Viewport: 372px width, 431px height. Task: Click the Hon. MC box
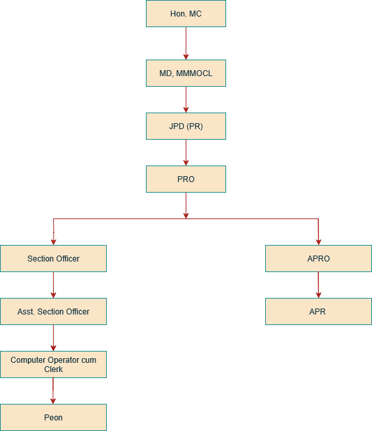(x=186, y=13)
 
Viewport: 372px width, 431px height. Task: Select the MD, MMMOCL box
(x=186, y=73)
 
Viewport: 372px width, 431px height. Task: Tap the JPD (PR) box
(x=186, y=126)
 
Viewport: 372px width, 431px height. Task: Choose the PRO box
(x=186, y=179)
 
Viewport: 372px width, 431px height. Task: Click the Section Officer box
(x=53, y=258)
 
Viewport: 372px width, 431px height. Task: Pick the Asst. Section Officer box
(x=53, y=311)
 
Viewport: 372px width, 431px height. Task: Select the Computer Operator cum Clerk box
(x=53, y=364)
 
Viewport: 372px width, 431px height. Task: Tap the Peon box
(x=53, y=418)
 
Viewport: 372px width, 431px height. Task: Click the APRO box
(x=318, y=258)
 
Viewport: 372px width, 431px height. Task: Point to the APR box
(x=318, y=311)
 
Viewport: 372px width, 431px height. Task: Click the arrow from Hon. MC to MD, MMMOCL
(x=186, y=43)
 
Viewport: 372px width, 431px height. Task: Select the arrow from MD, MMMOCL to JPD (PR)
(x=186, y=99)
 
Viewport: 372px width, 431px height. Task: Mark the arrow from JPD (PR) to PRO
(x=186, y=152)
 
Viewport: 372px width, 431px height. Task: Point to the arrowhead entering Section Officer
(x=53, y=241)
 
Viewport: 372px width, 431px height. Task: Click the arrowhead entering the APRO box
(x=318, y=241)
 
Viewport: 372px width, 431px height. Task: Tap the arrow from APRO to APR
(x=318, y=285)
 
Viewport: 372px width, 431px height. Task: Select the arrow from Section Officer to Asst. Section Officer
(x=53, y=285)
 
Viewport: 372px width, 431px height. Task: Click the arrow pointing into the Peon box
(x=53, y=391)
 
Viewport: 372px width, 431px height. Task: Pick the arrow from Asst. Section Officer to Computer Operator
(x=53, y=338)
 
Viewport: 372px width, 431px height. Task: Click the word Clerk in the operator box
(x=53, y=369)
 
